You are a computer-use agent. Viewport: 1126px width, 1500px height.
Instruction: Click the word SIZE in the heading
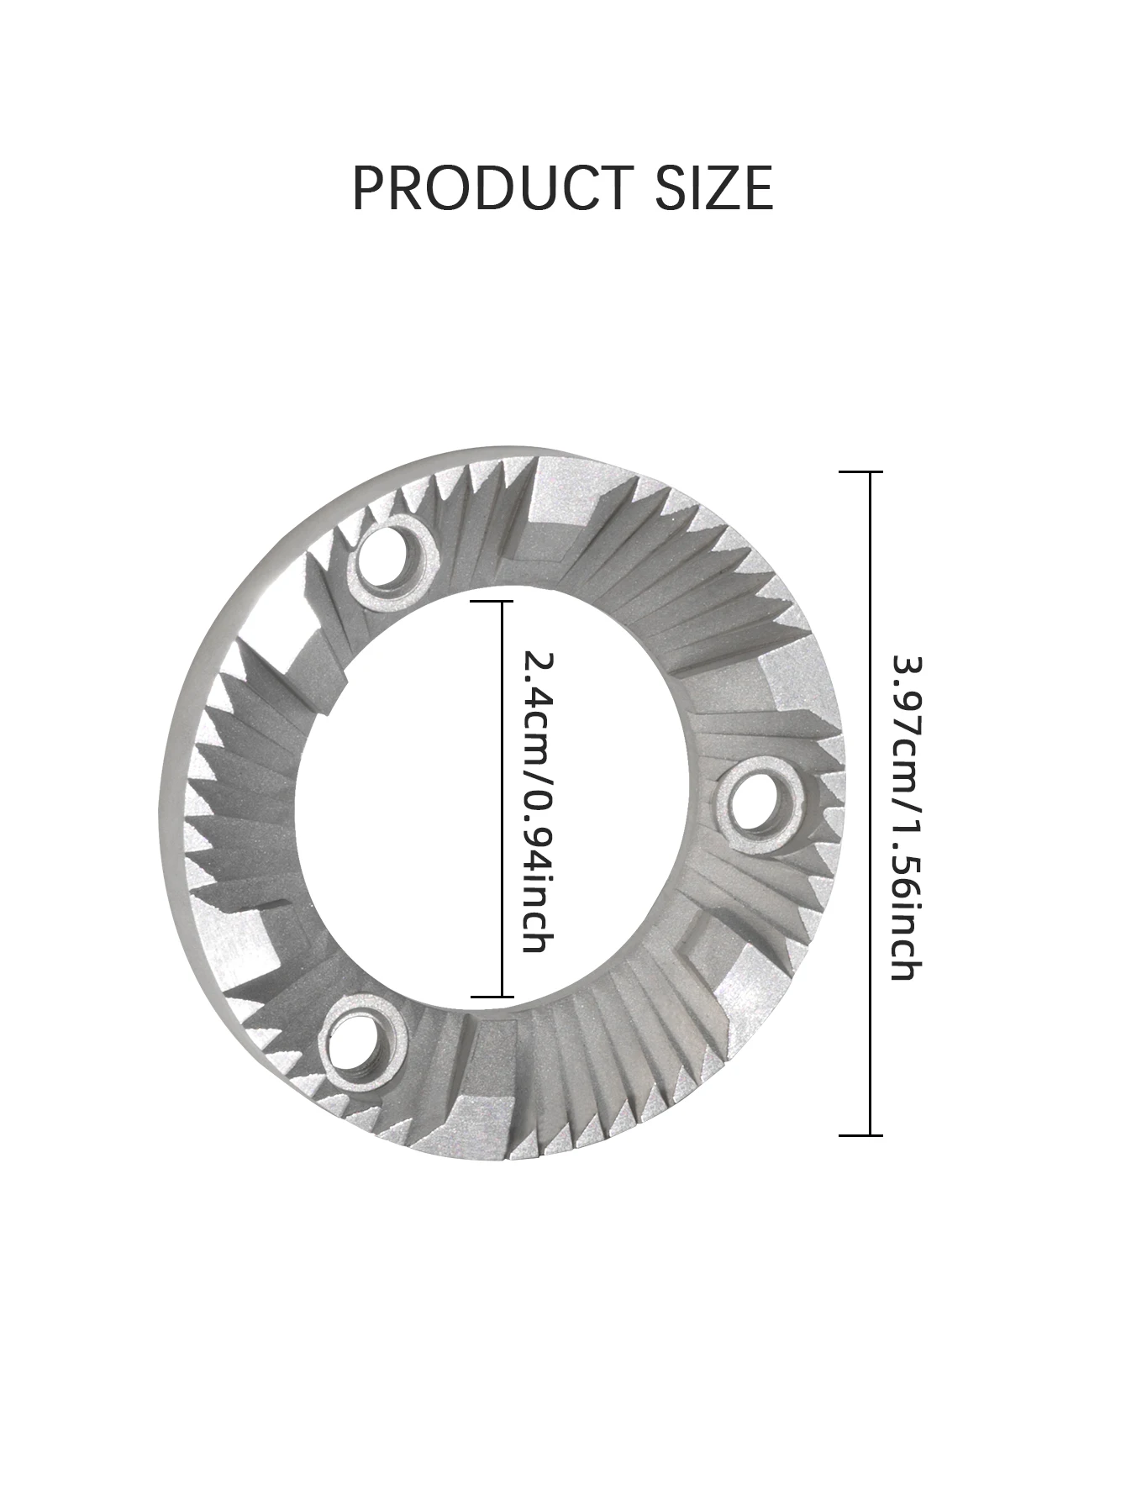coord(713,187)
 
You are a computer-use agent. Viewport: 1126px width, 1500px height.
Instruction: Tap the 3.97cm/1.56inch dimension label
coord(908,817)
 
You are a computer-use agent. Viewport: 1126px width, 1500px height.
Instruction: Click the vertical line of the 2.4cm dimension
coord(502,798)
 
